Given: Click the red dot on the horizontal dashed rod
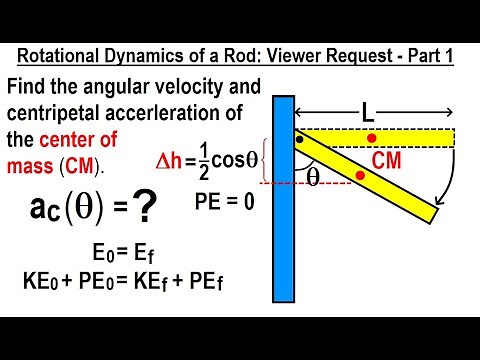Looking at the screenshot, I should pos(372,137).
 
